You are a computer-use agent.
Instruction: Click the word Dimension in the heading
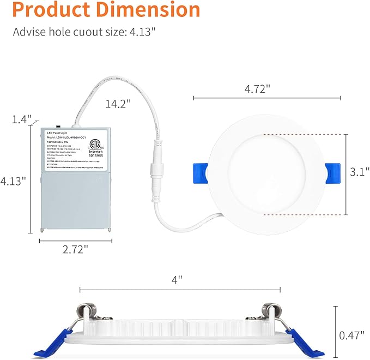point(146,10)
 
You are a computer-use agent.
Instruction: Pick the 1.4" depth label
point(22,119)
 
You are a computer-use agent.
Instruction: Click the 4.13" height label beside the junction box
point(14,181)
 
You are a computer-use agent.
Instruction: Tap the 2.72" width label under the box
point(75,249)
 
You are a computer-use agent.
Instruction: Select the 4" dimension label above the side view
point(177,279)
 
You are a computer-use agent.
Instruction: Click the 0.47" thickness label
point(351,335)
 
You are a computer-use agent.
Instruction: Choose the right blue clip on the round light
point(331,171)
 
